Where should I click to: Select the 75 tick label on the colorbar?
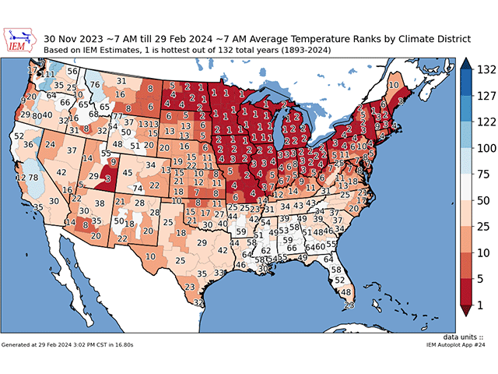[481, 175]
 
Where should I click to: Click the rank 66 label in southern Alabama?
[292, 249]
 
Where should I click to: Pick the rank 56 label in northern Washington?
[72, 71]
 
